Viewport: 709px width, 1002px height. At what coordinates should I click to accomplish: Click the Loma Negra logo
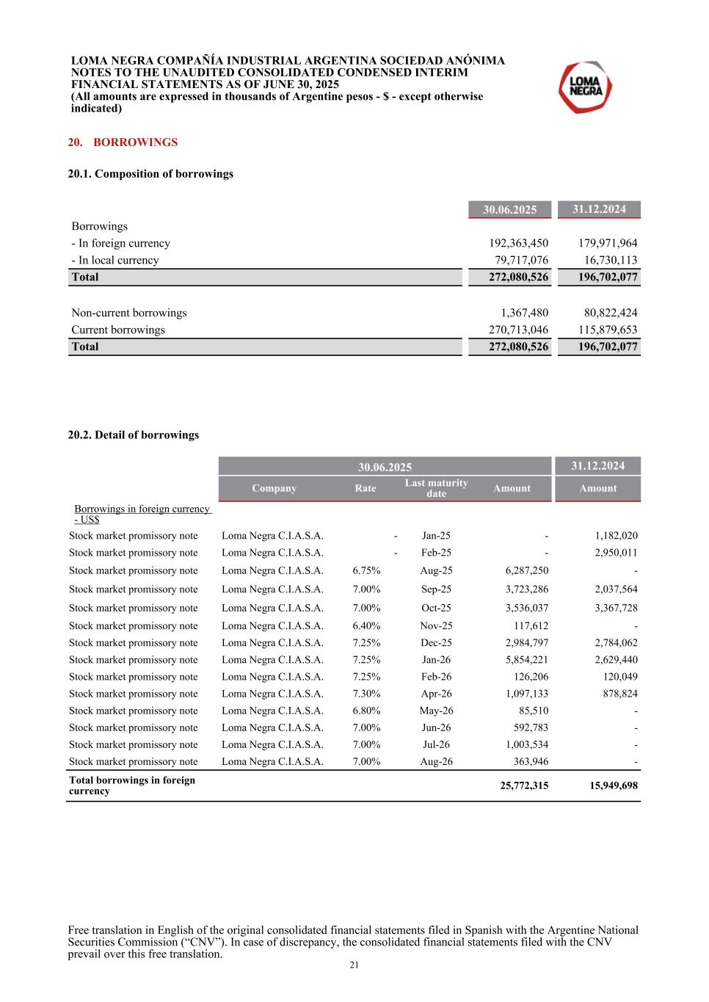(x=585, y=87)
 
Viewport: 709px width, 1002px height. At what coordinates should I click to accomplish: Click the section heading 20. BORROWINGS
(x=123, y=142)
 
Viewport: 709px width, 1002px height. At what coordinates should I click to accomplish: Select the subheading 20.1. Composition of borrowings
(x=150, y=174)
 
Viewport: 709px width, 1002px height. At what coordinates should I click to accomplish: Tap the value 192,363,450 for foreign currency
(x=518, y=243)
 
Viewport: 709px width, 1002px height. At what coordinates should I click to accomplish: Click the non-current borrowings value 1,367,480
(x=524, y=313)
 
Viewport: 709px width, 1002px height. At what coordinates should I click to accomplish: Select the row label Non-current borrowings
(x=129, y=313)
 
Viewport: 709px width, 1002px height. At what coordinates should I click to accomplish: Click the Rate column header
(x=365, y=488)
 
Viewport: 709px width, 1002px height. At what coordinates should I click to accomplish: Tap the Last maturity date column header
(x=436, y=488)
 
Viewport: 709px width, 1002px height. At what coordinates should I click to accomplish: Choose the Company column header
(x=274, y=488)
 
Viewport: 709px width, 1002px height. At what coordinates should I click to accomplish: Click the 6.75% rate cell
(x=366, y=570)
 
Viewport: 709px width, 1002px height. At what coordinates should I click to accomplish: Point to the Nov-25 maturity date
(x=436, y=626)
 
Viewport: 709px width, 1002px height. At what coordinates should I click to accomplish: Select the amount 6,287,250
(x=526, y=570)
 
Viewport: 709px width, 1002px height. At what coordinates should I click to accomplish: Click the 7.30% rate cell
(x=366, y=694)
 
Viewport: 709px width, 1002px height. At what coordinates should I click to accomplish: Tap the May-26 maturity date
(x=436, y=711)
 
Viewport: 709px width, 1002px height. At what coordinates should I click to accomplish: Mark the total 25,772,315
(x=524, y=785)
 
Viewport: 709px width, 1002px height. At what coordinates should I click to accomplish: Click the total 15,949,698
(x=613, y=785)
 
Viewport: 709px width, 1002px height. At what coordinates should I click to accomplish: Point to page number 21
(x=354, y=965)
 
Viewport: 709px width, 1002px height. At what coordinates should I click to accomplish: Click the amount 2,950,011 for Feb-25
(x=616, y=553)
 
